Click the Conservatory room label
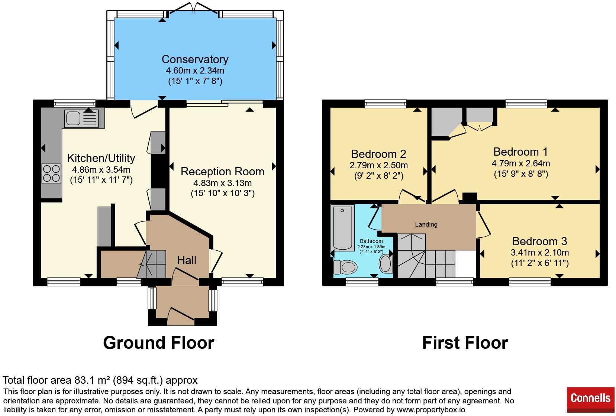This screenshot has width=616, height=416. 195,59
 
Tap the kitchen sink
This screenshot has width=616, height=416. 81,119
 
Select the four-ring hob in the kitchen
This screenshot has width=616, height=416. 51,173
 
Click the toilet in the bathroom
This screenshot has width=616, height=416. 345,267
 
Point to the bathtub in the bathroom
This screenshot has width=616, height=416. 342,228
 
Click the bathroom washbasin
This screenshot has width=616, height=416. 386,263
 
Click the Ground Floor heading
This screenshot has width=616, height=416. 159,343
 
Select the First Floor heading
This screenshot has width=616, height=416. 465,343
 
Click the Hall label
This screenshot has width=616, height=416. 187,260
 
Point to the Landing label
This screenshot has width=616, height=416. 426,224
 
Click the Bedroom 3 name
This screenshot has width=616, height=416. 539,241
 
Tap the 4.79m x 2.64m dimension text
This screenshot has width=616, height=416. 521,163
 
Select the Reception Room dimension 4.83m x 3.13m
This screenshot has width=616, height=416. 222,183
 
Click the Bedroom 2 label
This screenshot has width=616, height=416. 379,154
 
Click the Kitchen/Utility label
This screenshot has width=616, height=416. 101,158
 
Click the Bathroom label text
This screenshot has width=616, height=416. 371,241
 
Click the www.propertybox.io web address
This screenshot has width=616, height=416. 431,410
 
